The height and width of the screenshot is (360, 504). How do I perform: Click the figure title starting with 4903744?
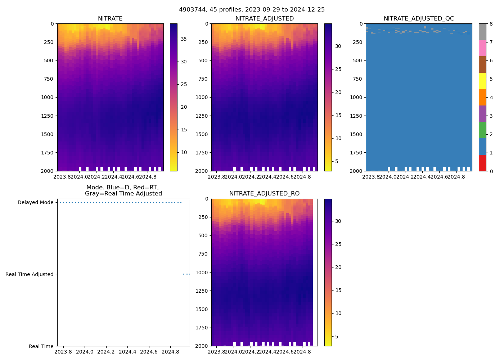point(252,10)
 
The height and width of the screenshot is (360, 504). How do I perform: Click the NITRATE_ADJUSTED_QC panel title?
point(419,19)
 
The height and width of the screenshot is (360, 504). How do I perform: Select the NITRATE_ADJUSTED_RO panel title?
point(264,194)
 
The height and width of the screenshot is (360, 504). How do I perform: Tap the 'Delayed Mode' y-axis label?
point(35,202)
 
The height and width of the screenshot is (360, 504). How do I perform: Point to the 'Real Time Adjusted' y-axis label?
point(30,274)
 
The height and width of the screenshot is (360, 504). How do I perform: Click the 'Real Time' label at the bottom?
point(41,346)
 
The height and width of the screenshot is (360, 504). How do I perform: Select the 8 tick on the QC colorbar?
point(490,24)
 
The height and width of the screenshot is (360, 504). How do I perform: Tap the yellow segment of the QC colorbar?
point(482,81)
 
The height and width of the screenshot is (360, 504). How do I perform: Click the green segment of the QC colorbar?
point(482,130)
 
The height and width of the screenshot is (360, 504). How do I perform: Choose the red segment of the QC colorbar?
point(482,163)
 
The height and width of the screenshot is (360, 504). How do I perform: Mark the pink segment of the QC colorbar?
point(482,48)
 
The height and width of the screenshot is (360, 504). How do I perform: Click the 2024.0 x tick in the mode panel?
point(85,352)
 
